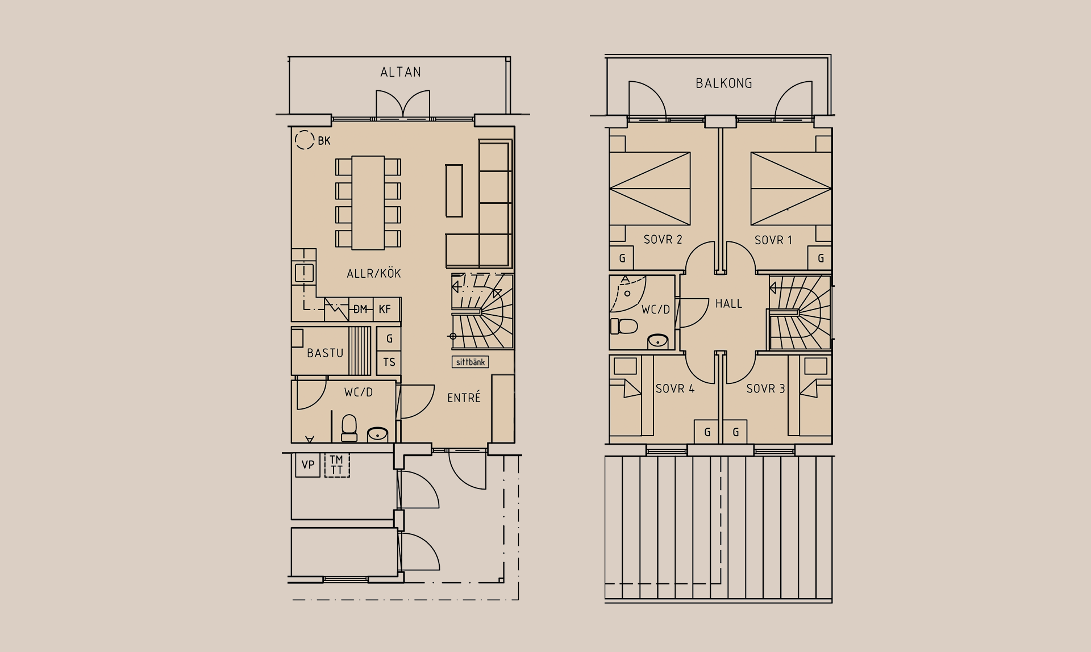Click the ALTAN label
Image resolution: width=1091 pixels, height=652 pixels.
tap(401, 72)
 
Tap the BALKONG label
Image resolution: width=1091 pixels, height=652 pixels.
tap(724, 83)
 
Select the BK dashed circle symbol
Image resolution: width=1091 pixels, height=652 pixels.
tap(305, 140)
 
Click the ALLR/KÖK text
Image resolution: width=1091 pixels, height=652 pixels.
tap(374, 274)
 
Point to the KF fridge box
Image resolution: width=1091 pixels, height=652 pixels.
tap(386, 310)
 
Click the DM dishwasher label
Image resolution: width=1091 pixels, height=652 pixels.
tap(360, 310)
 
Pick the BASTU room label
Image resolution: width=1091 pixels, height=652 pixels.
tap(325, 353)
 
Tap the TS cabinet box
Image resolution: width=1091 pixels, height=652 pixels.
tap(389, 362)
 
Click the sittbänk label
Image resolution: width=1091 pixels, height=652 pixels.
tap(470, 362)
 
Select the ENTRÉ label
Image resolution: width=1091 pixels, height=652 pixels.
tap(464, 398)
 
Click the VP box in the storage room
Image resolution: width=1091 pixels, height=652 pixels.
tap(308, 465)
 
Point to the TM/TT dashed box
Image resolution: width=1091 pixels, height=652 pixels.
tap(337, 465)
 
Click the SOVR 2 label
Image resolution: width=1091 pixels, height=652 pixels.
tap(663, 240)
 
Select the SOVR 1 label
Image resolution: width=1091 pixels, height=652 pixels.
tap(773, 240)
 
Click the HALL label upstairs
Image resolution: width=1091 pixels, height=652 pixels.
tap(729, 304)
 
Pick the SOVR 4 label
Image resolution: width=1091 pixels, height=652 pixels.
tap(675, 389)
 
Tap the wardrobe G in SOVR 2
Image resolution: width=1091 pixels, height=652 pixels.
tap(622, 258)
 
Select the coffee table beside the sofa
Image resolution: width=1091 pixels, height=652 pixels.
tap(454, 190)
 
